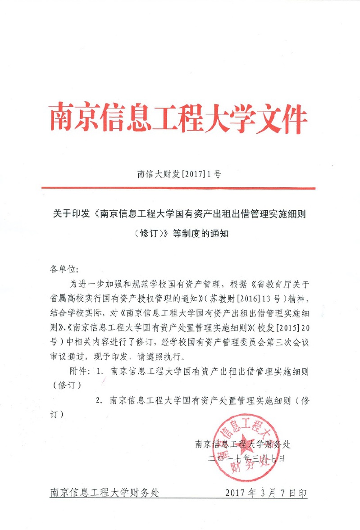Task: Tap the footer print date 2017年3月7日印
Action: pos(266,492)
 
